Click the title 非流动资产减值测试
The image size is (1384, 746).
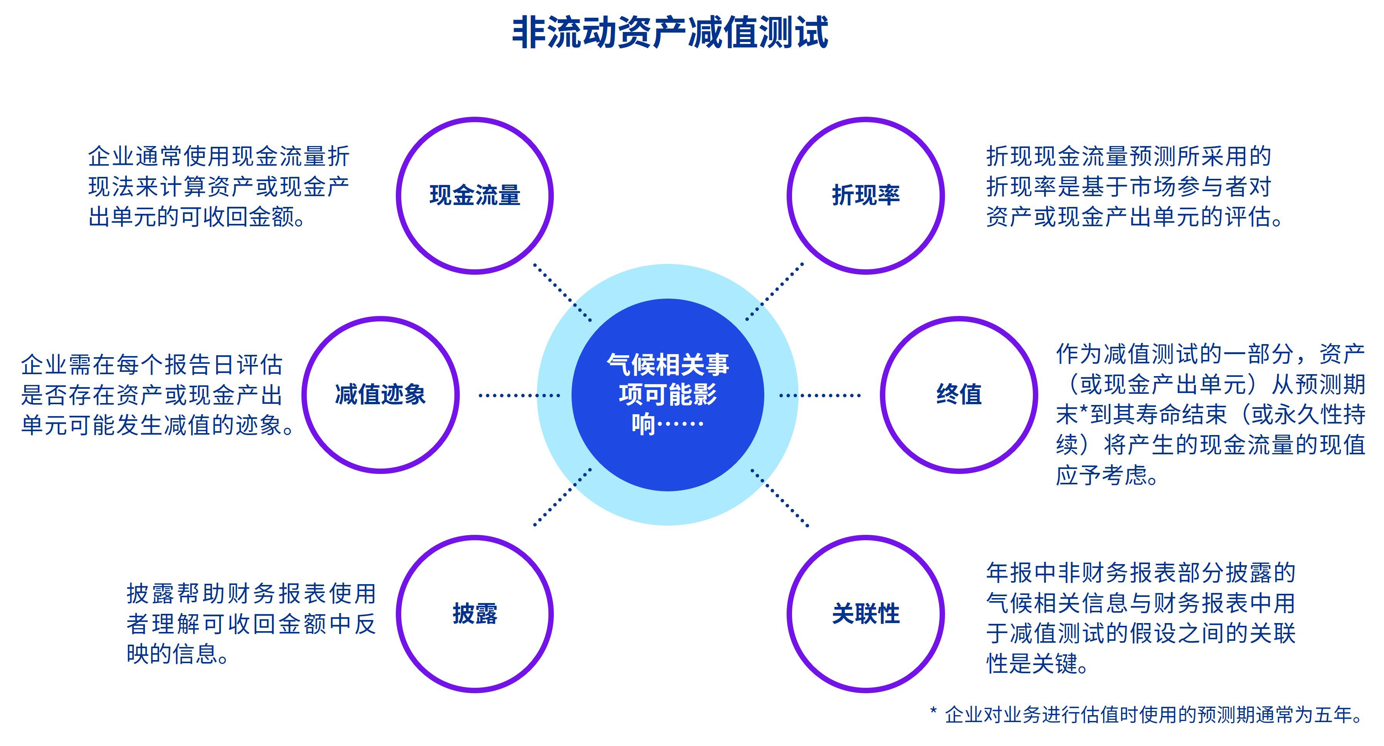[669, 33]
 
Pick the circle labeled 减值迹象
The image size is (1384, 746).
[380, 395]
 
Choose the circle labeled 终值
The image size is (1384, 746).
[959, 395]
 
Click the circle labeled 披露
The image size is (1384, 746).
[475, 614]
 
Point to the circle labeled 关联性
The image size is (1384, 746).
[866, 614]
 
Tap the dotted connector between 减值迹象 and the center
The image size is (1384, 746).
[519, 396]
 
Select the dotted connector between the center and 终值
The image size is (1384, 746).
[819, 396]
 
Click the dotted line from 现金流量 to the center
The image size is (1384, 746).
[563, 293]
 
